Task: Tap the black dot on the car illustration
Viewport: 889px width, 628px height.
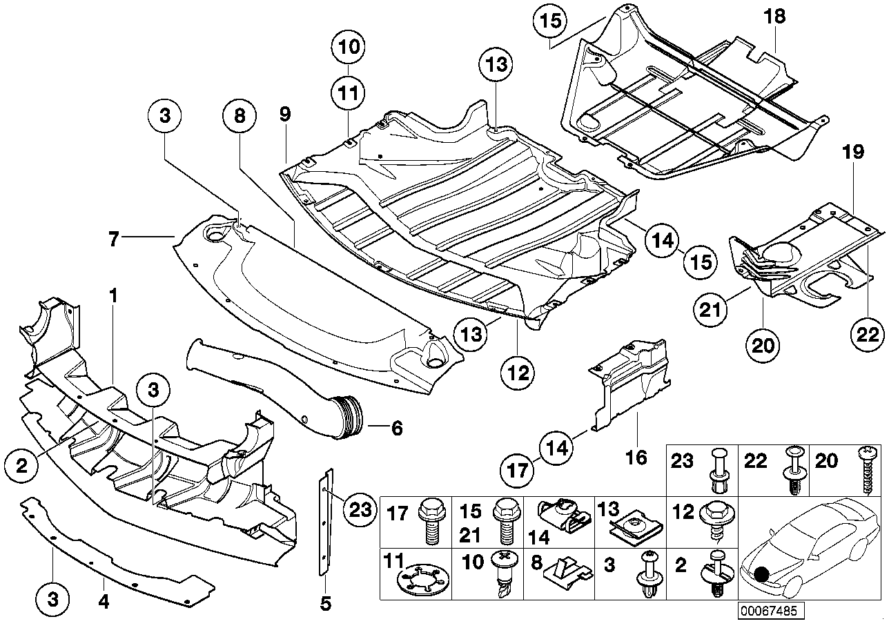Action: coord(761,574)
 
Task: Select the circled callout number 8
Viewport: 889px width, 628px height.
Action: coord(239,117)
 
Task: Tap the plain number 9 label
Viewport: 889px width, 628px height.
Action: coord(285,115)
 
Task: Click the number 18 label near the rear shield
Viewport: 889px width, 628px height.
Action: coord(775,17)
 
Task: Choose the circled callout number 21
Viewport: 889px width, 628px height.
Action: coord(711,311)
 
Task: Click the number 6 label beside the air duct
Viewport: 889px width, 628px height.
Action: coord(397,428)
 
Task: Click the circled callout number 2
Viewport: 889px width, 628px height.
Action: coord(23,467)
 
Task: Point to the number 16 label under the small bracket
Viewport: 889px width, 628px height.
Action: coord(636,458)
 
